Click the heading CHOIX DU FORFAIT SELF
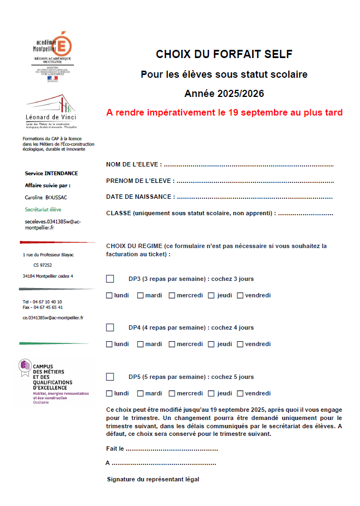click(x=224, y=54)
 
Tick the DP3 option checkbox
click(x=110, y=279)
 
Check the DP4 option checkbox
click(x=110, y=327)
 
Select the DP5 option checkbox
click(x=110, y=377)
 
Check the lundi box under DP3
click(x=109, y=296)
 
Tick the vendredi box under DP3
click(x=240, y=296)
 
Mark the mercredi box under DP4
click(x=172, y=344)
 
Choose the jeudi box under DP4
click(x=211, y=344)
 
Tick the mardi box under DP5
click(x=141, y=393)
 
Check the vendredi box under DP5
click(x=240, y=393)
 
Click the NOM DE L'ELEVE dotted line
click(x=248, y=165)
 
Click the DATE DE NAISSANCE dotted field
click(x=255, y=197)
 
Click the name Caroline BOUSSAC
click(x=46, y=197)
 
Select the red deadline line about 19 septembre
click(x=224, y=113)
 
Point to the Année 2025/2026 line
click(x=224, y=94)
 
